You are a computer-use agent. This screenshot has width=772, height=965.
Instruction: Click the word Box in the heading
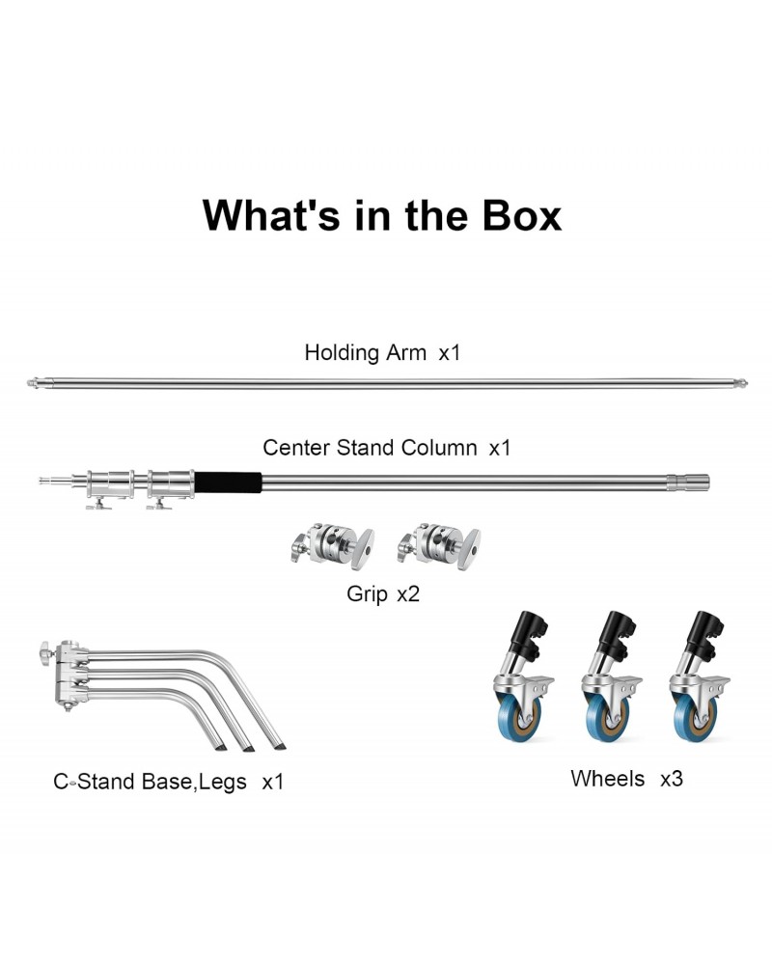(x=522, y=215)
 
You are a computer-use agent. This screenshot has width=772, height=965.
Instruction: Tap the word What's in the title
(x=271, y=215)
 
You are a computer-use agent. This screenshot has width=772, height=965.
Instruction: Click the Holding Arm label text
(x=365, y=352)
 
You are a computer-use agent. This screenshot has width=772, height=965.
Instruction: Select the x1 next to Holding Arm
(x=450, y=353)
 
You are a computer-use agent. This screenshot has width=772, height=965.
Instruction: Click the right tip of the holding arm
(x=745, y=383)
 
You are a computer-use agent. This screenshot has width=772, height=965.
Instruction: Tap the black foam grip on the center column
(x=228, y=482)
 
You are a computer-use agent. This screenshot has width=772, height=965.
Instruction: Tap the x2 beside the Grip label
(x=408, y=593)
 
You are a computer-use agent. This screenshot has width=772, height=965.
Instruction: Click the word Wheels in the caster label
(x=608, y=779)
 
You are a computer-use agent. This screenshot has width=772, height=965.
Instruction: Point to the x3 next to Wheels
(x=672, y=779)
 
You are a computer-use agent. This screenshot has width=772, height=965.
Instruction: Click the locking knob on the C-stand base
(x=44, y=649)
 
